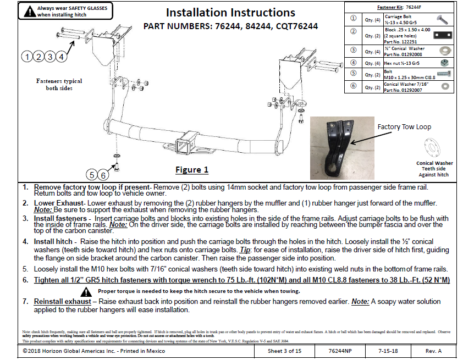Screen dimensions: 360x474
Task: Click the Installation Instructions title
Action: point(230,13)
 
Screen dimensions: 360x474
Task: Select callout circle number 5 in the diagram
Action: point(91,175)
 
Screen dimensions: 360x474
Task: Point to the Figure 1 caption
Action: point(192,169)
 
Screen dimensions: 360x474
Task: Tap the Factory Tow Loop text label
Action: point(404,126)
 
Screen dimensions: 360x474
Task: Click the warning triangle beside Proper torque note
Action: point(86,291)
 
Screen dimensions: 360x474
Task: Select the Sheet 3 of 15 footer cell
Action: point(284,351)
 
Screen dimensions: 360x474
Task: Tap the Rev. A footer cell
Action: point(433,351)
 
